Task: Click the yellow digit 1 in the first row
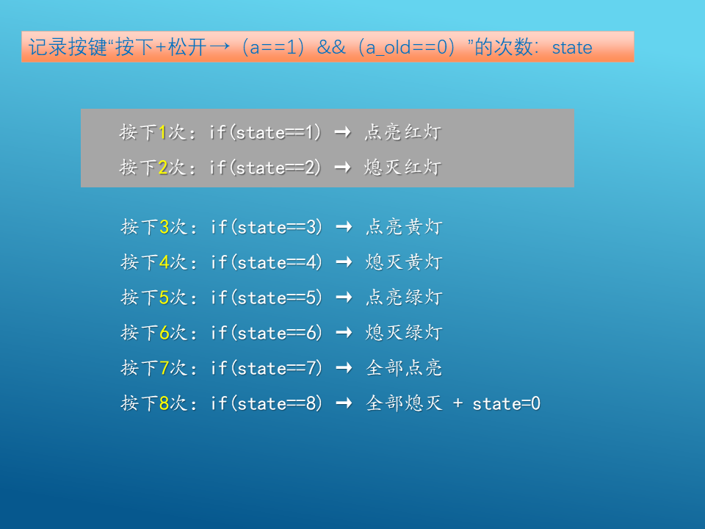tap(163, 133)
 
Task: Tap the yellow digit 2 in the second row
tap(163, 168)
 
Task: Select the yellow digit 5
tap(164, 298)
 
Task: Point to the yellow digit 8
tap(164, 403)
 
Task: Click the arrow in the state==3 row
tap(344, 227)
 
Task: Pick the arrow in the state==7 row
tap(344, 368)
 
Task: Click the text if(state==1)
tap(265, 133)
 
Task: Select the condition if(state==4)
tap(266, 262)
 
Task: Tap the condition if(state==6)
tap(266, 333)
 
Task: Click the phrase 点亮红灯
tap(403, 132)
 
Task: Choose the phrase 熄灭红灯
tap(403, 168)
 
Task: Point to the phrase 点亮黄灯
tap(404, 227)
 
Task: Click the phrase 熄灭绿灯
tap(404, 332)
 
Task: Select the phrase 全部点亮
tap(404, 368)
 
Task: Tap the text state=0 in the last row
tap(506, 404)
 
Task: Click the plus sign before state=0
tap(458, 403)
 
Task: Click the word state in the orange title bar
tap(572, 48)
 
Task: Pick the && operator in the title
tap(331, 47)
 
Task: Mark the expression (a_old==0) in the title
tap(408, 48)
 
